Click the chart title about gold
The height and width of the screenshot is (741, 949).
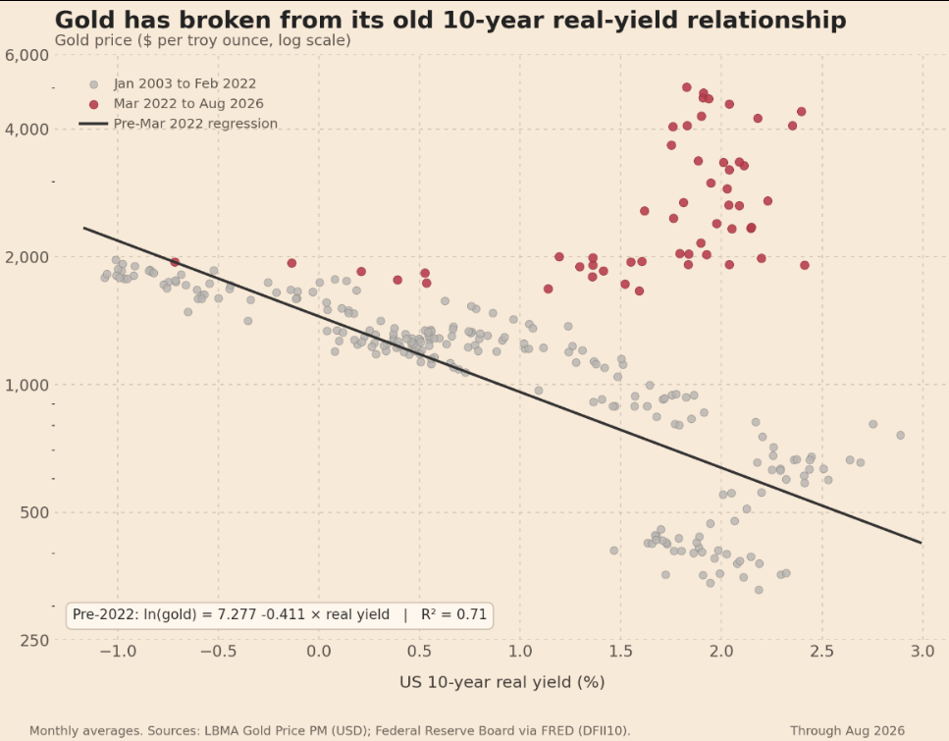pos(450,20)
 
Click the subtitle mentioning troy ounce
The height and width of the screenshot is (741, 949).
pos(203,40)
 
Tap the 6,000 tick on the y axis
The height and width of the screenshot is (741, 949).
pos(26,55)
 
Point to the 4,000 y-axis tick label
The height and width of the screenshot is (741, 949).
pos(26,130)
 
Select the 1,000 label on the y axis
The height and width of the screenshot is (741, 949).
pos(26,385)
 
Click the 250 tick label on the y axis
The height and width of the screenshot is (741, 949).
pos(34,641)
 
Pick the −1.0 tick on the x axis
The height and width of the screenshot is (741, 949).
pos(118,652)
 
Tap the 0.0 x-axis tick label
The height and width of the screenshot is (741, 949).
pos(319,652)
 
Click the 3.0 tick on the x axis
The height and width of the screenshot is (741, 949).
pos(923,652)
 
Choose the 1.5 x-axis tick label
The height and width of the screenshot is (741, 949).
pos(621,652)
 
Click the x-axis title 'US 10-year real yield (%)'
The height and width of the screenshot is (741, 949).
pos(502,683)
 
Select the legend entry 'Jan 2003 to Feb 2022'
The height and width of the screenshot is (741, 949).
pos(185,84)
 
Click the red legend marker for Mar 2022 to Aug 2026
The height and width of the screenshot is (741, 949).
pos(94,105)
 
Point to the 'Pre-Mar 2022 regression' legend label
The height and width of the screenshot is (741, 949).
pos(195,124)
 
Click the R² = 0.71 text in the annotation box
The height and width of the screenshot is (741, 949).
pos(454,615)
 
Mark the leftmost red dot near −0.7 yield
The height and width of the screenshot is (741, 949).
pos(175,262)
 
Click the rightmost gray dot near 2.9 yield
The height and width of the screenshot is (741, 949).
pos(901,436)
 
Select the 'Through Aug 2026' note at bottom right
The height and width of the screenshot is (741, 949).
pos(847,731)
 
